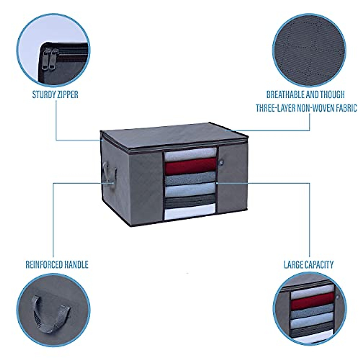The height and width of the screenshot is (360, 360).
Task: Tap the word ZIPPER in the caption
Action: pos(67,95)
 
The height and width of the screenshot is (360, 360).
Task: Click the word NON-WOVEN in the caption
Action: pos(319,108)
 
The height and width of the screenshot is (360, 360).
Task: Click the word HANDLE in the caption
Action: pos(77,265)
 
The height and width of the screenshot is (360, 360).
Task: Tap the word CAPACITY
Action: pos(319,265)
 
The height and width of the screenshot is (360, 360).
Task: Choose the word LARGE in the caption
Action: pos(294,265)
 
